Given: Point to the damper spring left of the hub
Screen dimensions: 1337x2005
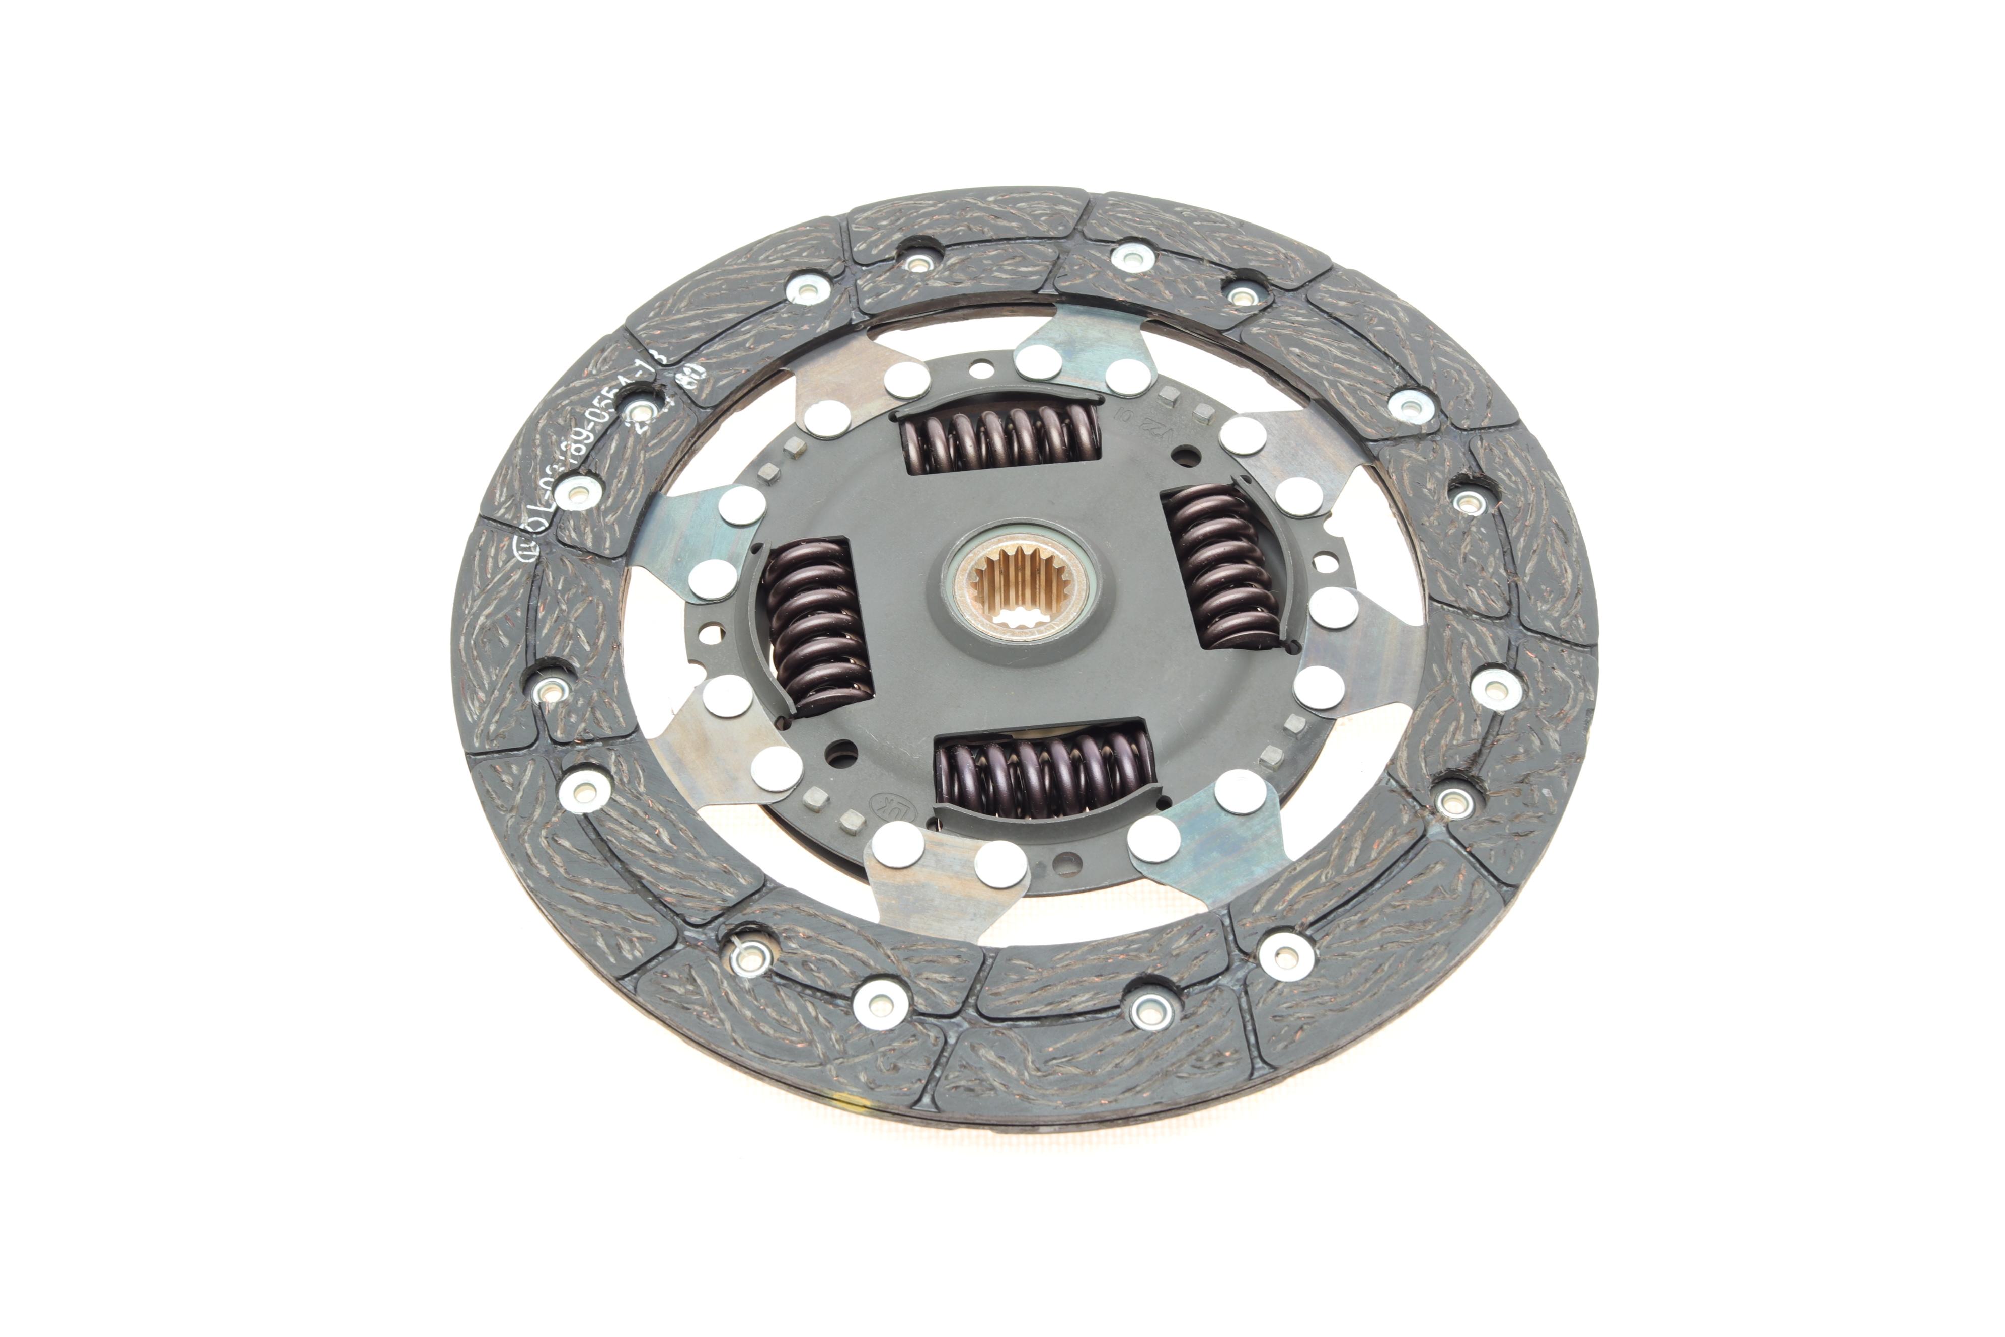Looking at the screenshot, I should pos(814,627).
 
